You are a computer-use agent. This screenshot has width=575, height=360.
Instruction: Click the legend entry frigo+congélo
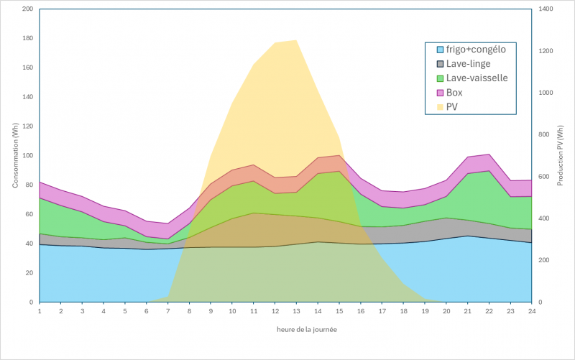tap(476, 50)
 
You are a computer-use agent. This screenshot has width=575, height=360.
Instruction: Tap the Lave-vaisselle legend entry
tap(477, 78)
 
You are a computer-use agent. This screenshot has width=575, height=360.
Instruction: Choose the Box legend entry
tap(454, 93)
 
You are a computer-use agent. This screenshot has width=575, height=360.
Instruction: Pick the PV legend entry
tap(452, 107)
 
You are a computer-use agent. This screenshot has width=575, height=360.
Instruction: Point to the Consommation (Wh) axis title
tap(15, 155)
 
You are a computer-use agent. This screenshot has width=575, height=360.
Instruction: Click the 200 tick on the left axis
tap(27, 9)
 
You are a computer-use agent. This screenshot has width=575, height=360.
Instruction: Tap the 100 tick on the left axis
tap(27, 156)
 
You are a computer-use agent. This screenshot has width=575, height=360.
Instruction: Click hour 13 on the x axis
tap(296, 311)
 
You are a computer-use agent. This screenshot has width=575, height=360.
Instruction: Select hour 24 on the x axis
tap(531, 311)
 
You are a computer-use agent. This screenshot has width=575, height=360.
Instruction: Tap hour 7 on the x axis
tap(168, 311)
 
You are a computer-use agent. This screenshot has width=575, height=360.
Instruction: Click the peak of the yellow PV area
tap(296, 41)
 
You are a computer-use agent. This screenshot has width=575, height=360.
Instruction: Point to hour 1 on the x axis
tap(40, 311)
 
